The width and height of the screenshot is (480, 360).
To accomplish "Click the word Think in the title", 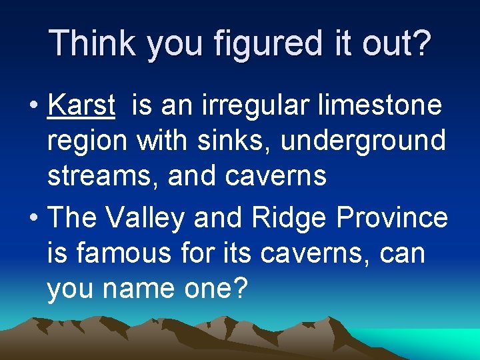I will pyautogui.click(x=93, y=43).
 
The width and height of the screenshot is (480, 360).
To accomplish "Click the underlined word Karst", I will pyautogui.click(x=82, y=105).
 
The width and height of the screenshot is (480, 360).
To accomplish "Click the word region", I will pyautogui.click(x=87, y=141).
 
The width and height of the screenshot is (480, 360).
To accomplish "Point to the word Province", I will pyautogui.click(x=393, y=218).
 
